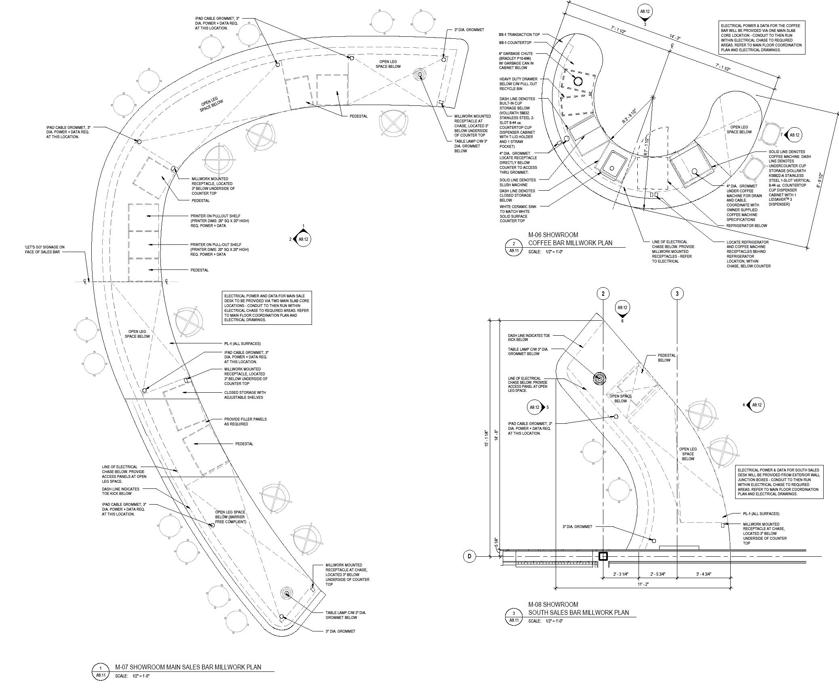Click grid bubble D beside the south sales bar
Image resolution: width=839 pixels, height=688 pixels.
pyautogui.click(x=469, y=556)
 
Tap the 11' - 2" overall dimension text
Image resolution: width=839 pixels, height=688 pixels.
pyautogui.click(x=643, y=584)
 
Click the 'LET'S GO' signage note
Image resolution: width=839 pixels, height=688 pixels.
pyautogui.click(x=44, y=249)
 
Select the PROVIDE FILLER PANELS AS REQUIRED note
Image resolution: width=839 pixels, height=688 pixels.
pyautogui.click(x=245, y=421)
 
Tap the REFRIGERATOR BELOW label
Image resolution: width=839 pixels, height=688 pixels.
pyautogui.click(x=746, y=225)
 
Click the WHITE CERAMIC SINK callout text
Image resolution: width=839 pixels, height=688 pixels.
pyautogui.click(x=518, y=214)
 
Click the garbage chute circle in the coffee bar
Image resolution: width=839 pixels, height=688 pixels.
pyautogui.click(x=578, y=82)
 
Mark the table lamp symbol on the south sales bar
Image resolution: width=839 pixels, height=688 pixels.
pyautogui.click(x=600, y=379)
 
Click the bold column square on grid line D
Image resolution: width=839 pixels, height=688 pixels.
pyautogui.click(x=603, y=556)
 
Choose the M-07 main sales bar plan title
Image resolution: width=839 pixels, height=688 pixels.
pyautogui.click(x=188, y=667)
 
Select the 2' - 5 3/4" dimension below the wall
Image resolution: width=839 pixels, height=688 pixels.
pyautogui.click(x=658, y=574)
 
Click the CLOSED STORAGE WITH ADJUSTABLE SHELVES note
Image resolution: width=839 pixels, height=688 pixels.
pyautogui.click(x=245, y=395)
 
